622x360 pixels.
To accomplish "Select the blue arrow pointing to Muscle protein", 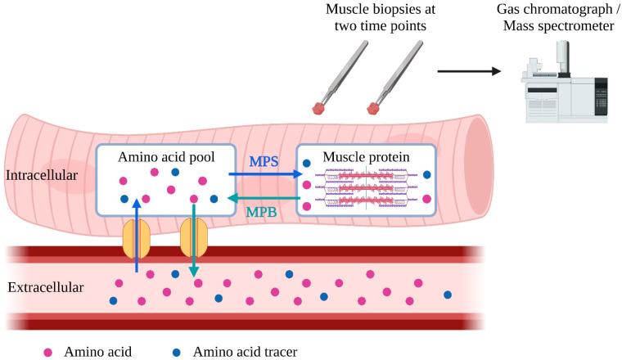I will pos(260,173).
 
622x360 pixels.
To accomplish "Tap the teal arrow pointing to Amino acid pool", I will pos(260,197).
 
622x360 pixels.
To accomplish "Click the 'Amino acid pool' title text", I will pos(166,156).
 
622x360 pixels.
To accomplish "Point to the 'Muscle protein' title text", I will pos(365,156).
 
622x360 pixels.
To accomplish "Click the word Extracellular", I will pos(44,287).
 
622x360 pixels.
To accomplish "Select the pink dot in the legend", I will pos(47,353).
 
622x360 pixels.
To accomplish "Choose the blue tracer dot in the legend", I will pos(178,353).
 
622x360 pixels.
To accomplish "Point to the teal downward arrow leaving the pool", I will pos(194,241).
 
